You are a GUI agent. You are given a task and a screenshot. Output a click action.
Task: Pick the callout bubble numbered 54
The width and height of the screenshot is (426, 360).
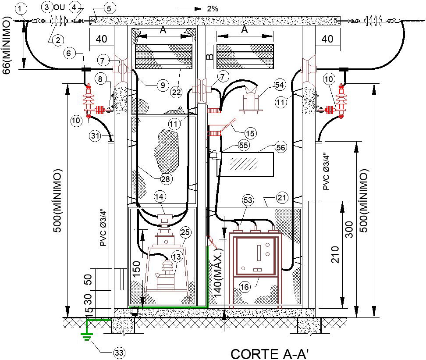(x=280, y=84)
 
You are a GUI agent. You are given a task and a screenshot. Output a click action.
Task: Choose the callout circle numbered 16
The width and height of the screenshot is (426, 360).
(x=244, y=287)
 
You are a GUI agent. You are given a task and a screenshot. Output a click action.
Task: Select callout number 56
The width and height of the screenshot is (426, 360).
(x=280, y=148)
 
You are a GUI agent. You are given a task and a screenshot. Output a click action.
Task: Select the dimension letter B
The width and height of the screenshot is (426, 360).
(x=210, y=57)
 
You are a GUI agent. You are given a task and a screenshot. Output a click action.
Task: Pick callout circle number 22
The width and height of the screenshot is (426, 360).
(x=176, y=92)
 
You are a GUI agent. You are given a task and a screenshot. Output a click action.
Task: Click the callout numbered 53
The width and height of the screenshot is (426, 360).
(x=248, y=200)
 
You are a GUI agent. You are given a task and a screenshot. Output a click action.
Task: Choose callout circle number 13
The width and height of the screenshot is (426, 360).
(x=177, y=257)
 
